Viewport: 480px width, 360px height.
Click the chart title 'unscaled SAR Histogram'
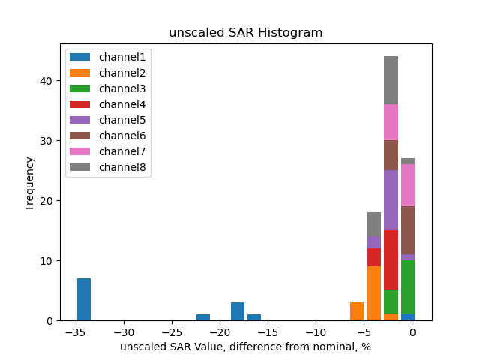245,33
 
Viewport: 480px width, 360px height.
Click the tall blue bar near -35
84,299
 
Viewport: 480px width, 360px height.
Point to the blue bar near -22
203,317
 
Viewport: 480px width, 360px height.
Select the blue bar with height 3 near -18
238,311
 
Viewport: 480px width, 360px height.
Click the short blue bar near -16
254,317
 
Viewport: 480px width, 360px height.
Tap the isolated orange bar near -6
357,311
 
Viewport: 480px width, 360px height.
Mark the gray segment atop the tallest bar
391,80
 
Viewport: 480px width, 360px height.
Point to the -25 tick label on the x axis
172,331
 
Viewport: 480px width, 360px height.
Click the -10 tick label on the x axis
316,331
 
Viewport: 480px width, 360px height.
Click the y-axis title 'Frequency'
30,182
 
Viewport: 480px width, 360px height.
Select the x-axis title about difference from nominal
245,346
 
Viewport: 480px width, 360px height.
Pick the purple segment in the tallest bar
391,200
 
